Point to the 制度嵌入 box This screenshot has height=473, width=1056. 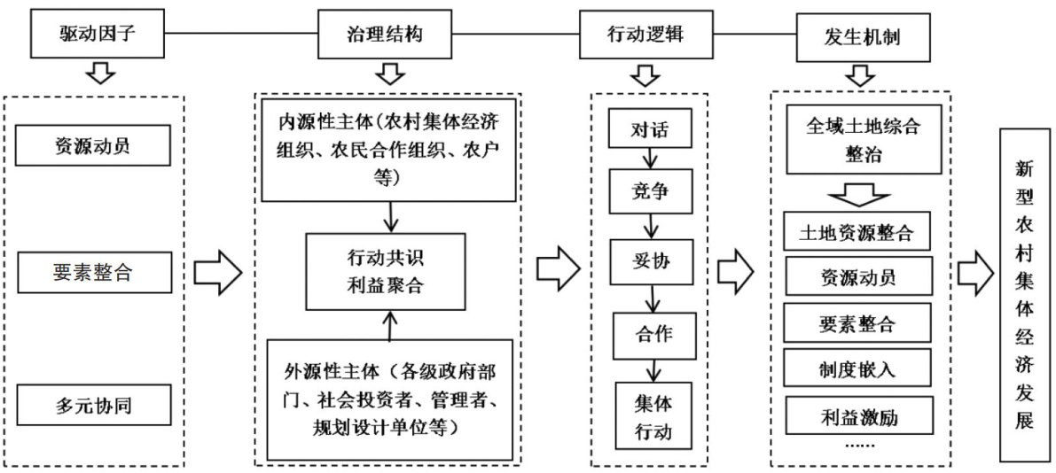tap(856, 368)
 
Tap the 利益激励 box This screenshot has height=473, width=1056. tap(856, 413)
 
